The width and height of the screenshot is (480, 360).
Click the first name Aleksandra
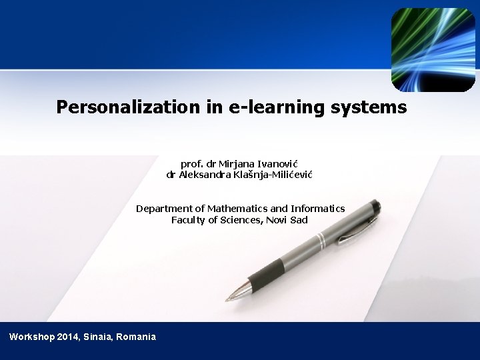click(x=205, y=175)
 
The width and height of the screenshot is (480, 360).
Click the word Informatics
click(x=317, y=208)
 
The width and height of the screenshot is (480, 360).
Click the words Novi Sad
click(x=287, y=219)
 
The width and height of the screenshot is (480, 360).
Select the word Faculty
click(x=189, y=219)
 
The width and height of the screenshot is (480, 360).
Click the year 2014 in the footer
click(x=69, y=337)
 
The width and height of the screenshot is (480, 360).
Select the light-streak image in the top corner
click(x=433, y=49)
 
